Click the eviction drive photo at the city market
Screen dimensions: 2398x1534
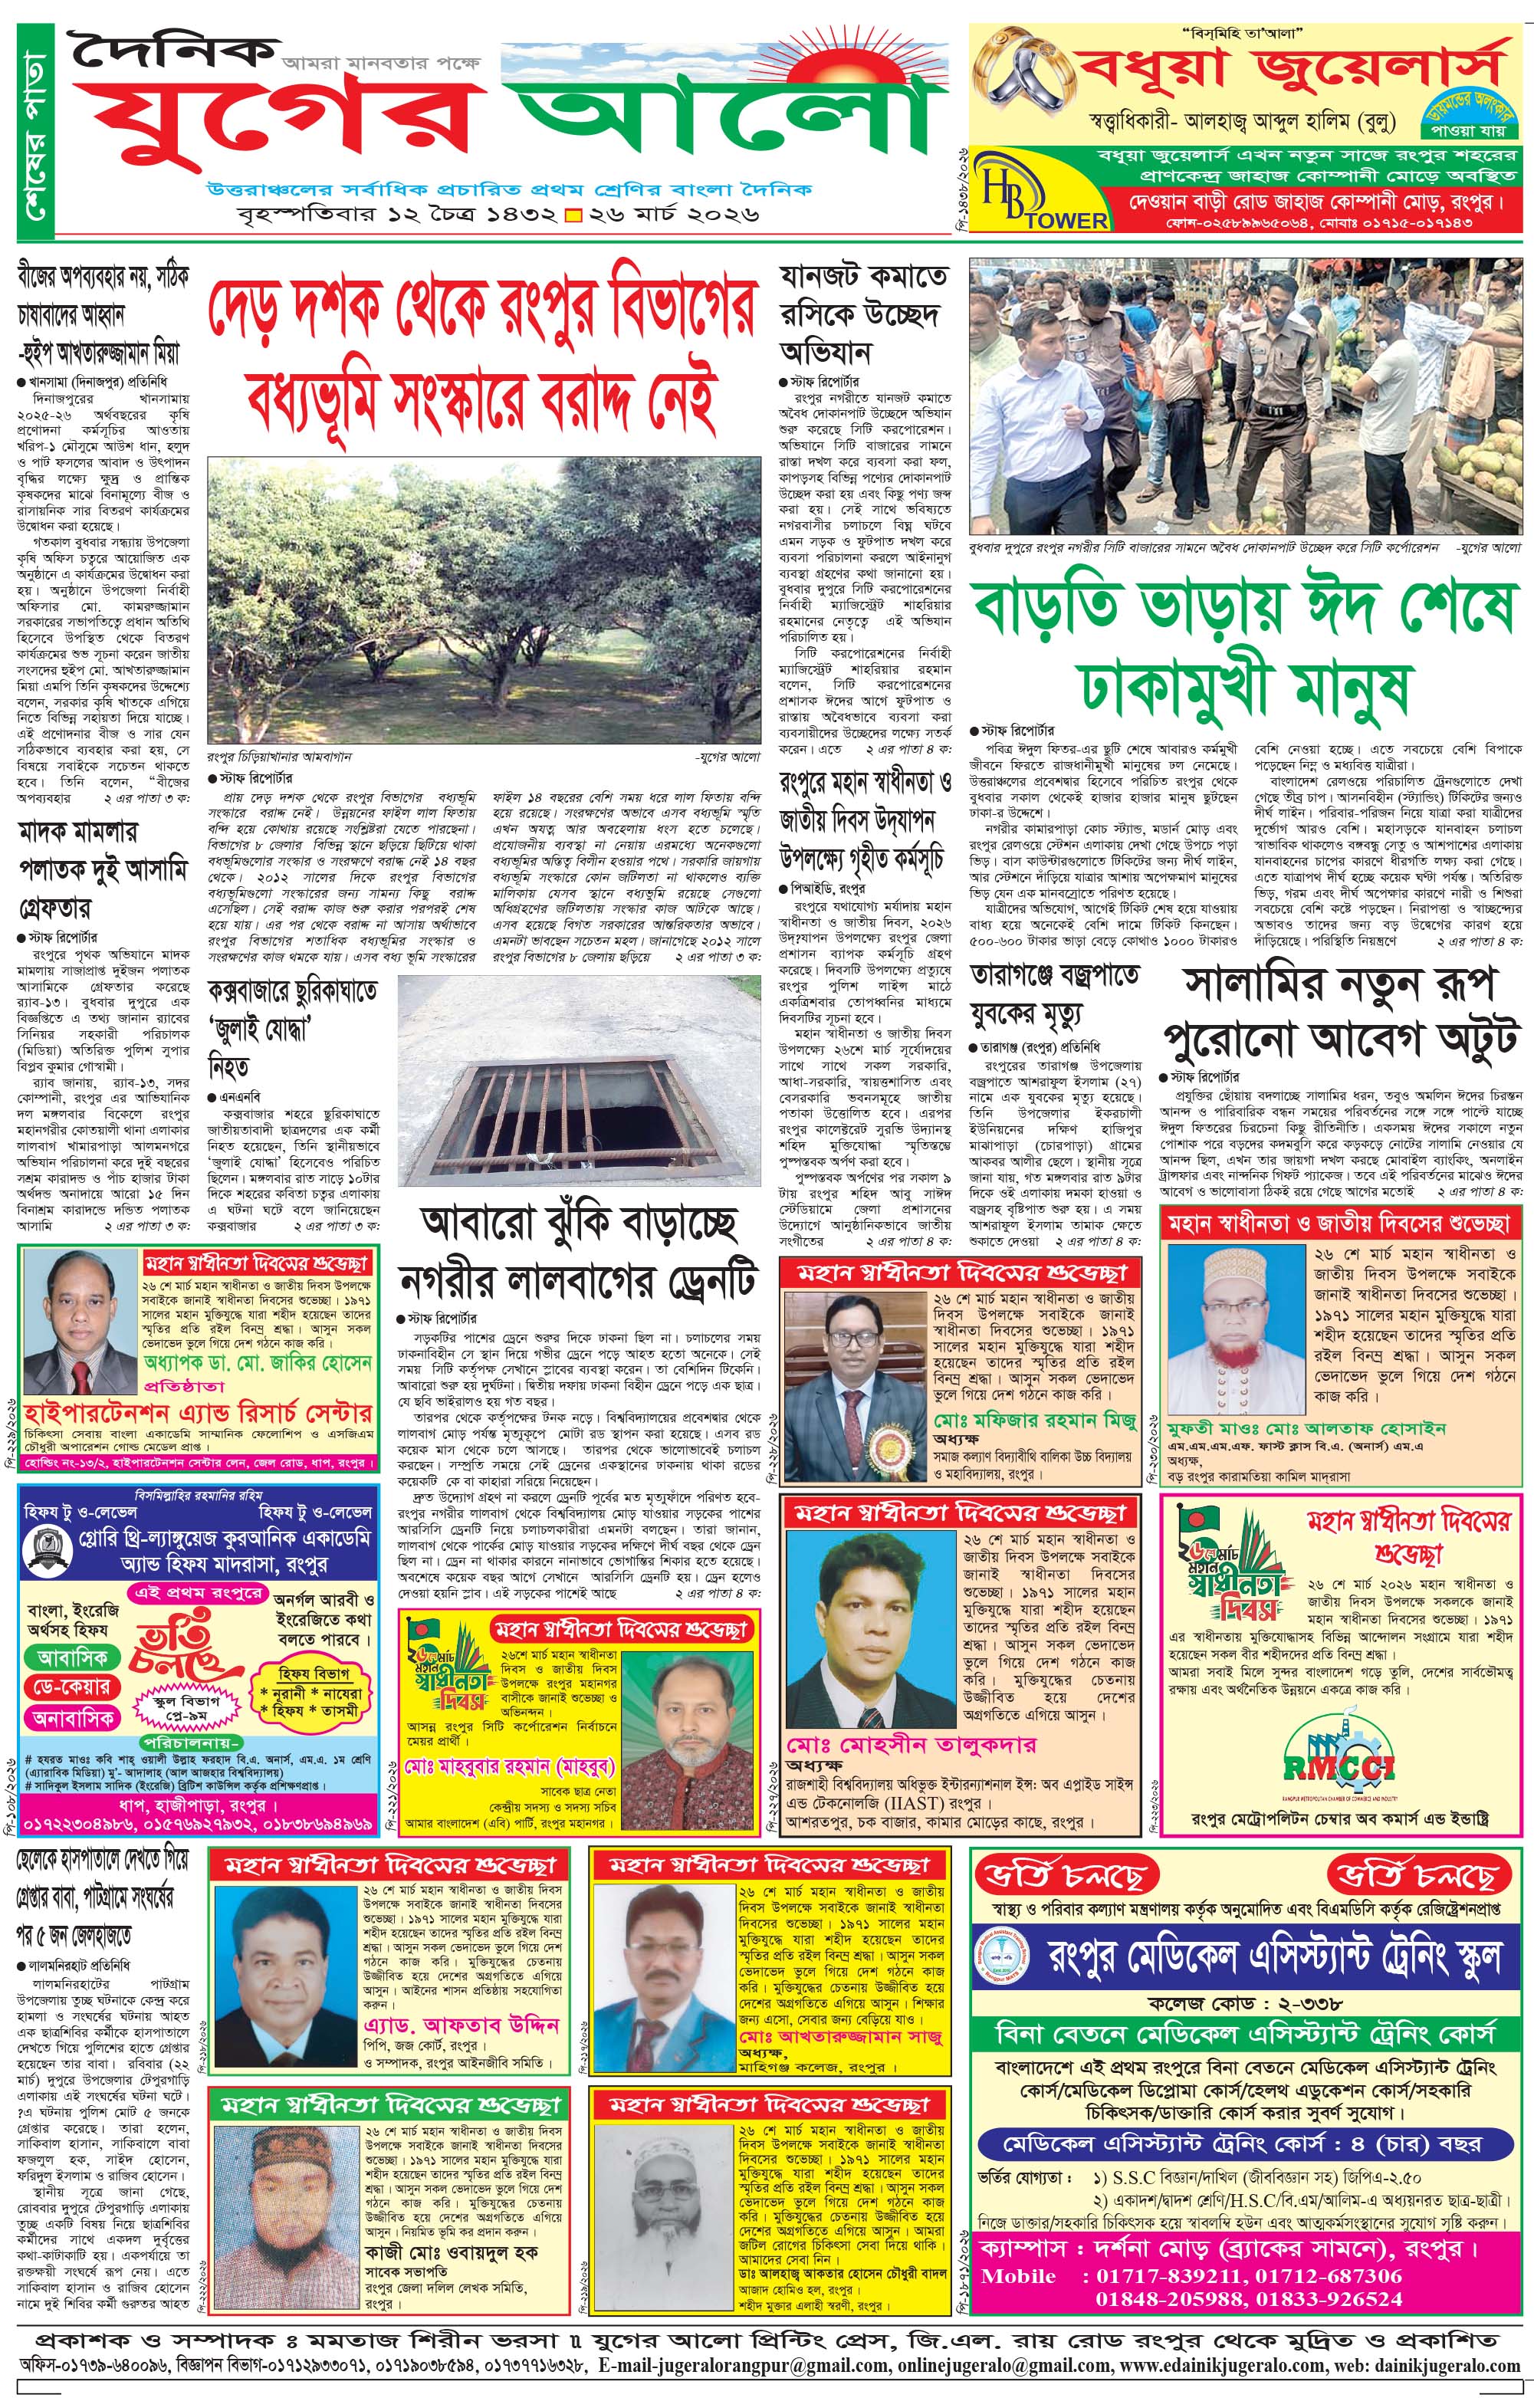pos(1246,399)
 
